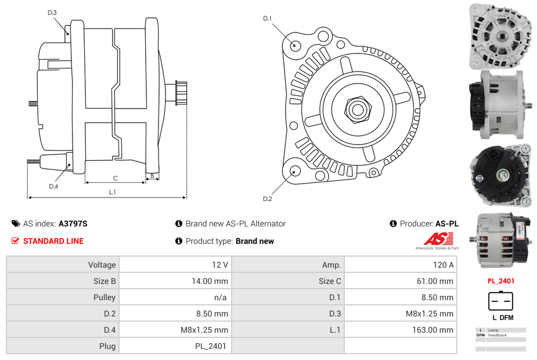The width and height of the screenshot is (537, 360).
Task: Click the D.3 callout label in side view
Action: pyautogui.click(x=52, y=12)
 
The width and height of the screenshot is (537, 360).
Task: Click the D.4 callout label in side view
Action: pyautogui.click(x=53, y=186)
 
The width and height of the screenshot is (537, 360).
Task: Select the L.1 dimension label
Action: pyautogui.click(x=113, y=192)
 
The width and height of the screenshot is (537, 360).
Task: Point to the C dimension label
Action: pyautogui.click(x=116, y=178)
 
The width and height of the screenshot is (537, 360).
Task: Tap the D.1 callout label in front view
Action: pyautogui.click(x=268, y=19)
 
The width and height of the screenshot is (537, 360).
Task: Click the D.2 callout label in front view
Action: pyautogui.click(x=268, y=199)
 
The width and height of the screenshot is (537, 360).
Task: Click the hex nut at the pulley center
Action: pyautogui.click(x=357, y=109)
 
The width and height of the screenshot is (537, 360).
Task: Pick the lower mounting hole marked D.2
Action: pyautogui.click(x=295, y=171)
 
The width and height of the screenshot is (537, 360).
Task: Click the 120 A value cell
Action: pyautogui.click(x=400, y=265)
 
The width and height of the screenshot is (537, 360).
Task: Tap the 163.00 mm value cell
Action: pyautogui.click(x=400, y=330)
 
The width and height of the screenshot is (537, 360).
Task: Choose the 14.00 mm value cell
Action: pyautogui.click(x=175, y=281)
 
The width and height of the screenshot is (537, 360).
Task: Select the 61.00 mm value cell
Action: pyautogui.click(x=400, y=281)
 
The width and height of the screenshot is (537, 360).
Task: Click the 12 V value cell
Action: pyautogui.click(x=175, y=265)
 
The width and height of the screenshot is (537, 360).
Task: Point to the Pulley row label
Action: pyautogui.click(x=104, y=297)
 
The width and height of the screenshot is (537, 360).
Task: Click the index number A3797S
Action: pyautogui.click(x=73, y=224)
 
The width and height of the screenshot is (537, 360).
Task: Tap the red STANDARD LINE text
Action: pyautogui.click(x=53, y=241)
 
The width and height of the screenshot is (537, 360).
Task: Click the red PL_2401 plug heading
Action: pyautogui.click(x=500, y=281)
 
